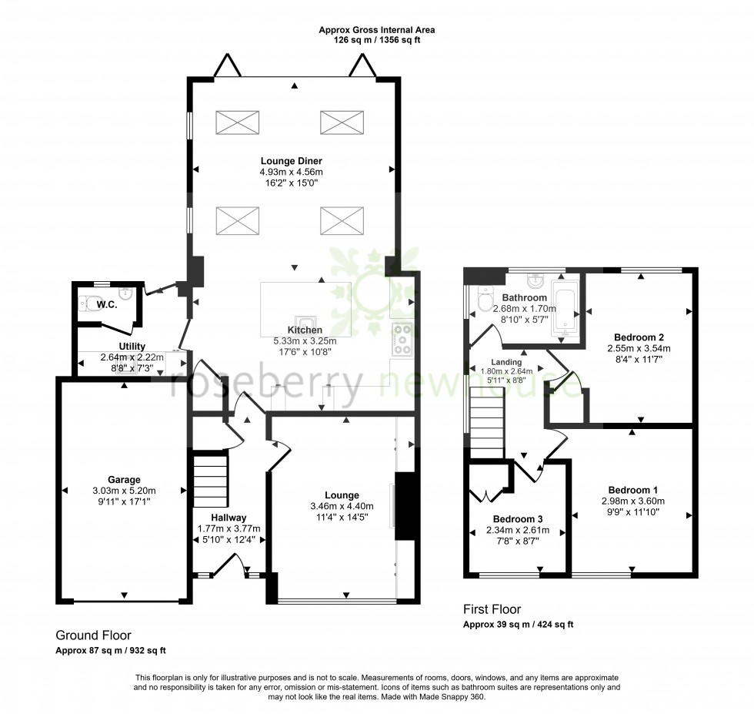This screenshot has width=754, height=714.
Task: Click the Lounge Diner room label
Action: (291, 161)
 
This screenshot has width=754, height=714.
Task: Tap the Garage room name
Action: (124, 480)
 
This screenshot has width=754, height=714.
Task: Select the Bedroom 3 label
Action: (517, 518)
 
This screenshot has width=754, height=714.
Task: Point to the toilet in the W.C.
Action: (93, 303)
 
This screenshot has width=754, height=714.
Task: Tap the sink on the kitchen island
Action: (306, 324)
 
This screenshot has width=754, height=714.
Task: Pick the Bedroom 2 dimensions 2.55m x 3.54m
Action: (639, 348)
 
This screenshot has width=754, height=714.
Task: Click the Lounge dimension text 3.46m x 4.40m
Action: (342, 506)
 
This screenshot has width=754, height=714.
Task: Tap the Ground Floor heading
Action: (93, 635)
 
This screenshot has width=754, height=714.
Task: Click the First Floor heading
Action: (492, 609)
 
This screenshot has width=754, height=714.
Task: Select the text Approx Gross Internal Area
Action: (377, 30)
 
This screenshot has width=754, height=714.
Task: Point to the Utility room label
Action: (132, 347)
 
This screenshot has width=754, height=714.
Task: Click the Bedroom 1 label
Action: (632, 490)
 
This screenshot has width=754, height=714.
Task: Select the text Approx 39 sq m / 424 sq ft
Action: (518, 625)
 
